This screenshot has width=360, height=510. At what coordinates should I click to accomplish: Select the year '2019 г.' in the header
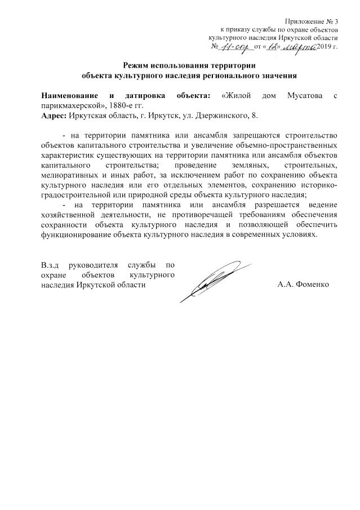coord(327,46)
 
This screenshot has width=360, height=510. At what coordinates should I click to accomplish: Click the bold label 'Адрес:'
coord(54,116)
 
